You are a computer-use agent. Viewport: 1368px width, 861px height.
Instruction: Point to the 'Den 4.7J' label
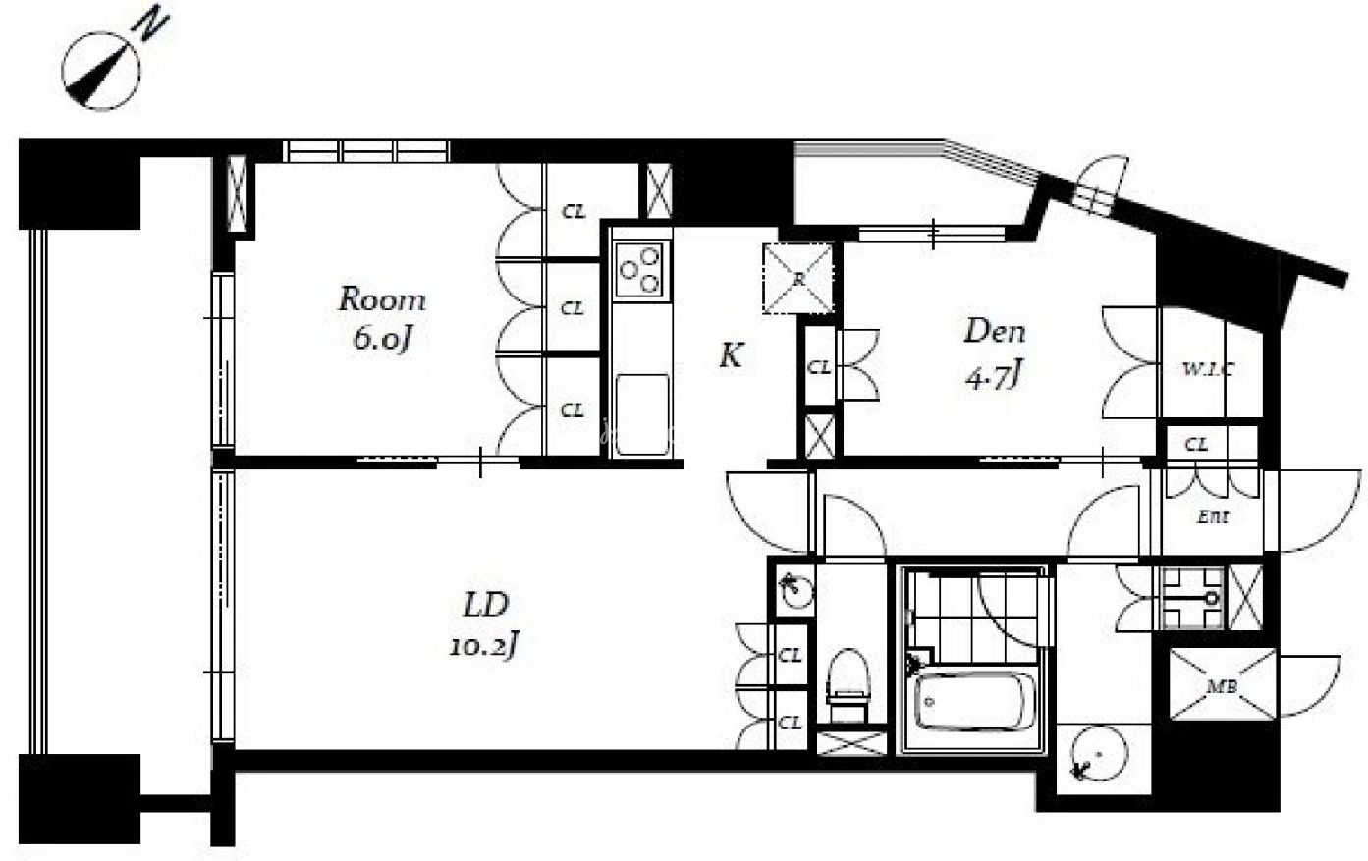click(994, 353)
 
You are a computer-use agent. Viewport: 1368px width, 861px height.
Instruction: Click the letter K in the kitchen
click(731, 355)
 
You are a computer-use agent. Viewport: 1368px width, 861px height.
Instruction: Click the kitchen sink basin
click(642, 414)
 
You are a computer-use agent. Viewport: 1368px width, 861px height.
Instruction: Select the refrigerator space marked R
click(798, 279)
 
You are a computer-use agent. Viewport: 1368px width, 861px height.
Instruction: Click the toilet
click(848, 685)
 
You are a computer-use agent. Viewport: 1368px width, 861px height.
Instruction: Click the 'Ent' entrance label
click(1213, 516)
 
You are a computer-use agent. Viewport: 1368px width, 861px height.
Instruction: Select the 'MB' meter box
click(1223, 684)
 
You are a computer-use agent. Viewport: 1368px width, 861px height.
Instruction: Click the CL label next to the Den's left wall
click(819, 367)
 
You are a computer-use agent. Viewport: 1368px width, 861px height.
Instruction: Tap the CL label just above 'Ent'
click(1196, 445)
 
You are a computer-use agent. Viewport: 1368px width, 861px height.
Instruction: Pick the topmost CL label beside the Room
click(574, 212)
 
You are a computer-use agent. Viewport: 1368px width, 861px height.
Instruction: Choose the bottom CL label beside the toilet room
click(790, 723)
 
